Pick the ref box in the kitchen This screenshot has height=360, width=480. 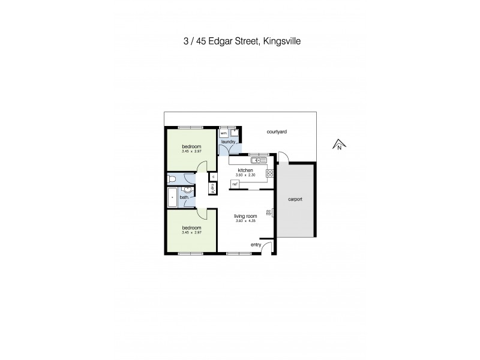coord(235,184)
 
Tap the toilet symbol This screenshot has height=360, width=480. coord(173,178)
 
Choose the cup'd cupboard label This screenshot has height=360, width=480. coord(212,188)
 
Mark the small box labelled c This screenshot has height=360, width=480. coord(212,176)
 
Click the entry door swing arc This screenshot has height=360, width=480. coord(269,247)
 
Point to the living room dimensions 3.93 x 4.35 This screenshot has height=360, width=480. coord(246,221)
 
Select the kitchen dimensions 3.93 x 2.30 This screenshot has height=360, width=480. coord(246,175)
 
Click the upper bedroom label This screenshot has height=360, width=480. coord(191,146)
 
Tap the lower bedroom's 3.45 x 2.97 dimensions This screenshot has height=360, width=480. coord(191,232)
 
